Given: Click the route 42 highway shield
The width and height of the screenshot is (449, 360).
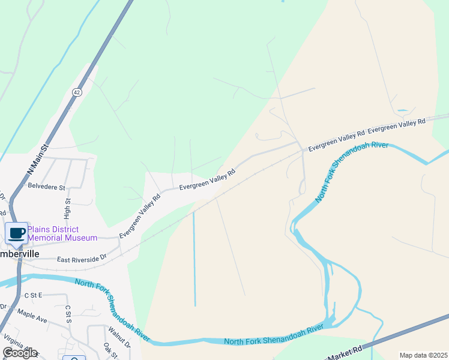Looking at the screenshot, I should pyautogui.click(x=77, y=92).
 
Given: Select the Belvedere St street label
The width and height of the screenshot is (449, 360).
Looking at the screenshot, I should pyautogui.click(x=46, y=187).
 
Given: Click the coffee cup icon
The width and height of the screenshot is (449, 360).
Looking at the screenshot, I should pyautogui.click(x=17, y=233).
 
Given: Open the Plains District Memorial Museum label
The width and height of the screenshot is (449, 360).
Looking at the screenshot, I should pyautogui.click(x=62, y=233).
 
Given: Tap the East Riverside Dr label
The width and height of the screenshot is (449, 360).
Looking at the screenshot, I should pyautogui.click(x=82, y=258).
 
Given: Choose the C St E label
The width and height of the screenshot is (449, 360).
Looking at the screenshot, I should pyautogui.click(x=33, y=295).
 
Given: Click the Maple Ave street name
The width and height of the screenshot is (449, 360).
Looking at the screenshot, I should pyautogui.click(x=32, y=316).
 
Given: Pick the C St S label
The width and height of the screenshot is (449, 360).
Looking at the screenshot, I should pyautogui.click(x=68, y=314).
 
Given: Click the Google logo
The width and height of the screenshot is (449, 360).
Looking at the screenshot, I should pyautogui.click(x=20, y=352).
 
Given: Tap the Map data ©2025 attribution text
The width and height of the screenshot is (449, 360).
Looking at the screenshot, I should pyautogui.click(x=423, y=355).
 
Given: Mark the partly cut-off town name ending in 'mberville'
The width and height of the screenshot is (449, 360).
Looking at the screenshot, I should pyautogui.click(x=20, y=254).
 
